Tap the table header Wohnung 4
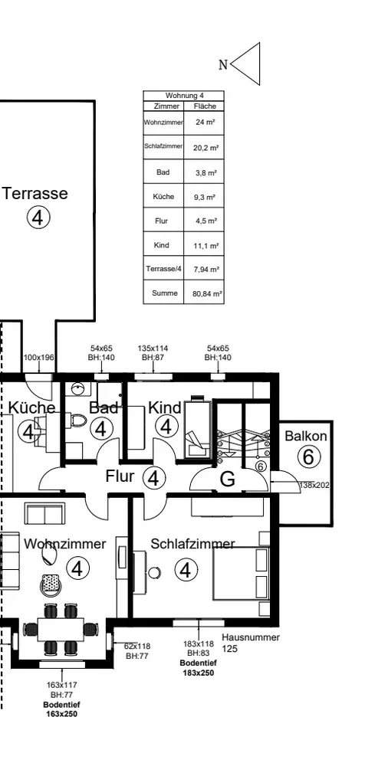tap(184, 96)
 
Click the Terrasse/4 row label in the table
tap(163, 269)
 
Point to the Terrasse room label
tap(35, 193)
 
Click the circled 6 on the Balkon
tap(308, 457)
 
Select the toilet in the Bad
tap(77, 420)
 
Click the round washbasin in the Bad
tap(77, 389)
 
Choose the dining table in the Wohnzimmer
tap(61, 629)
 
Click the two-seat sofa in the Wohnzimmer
tap(44, 515)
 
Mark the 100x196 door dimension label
tap(38, 357)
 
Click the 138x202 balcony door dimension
tap(314, 485)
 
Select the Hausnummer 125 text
tap(251, 643)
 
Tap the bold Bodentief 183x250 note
tap(198, 668)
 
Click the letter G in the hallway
tap(228, 480)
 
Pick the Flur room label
tap(120, 476)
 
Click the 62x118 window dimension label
tap(137, 650)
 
